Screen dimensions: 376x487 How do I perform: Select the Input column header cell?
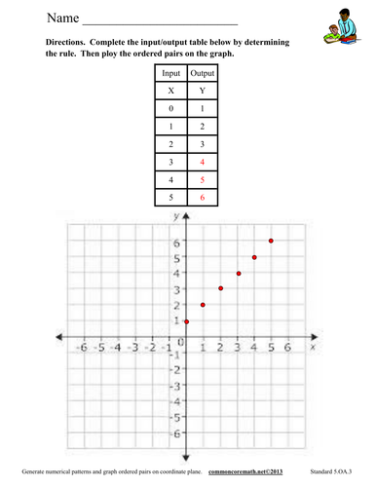(170, 73)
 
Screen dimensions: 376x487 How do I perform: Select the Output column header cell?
(203, 73)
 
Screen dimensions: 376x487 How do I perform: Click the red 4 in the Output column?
(203, 161)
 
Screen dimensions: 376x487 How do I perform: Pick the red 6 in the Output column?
(203, 198)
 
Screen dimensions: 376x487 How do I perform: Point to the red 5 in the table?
(203, 179)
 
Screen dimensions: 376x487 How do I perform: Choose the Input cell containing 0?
(170, 108)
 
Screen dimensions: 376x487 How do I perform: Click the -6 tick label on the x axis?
(84, 347)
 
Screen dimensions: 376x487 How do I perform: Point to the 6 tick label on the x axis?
(287, 347)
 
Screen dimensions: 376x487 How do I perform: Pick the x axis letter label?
(313, 346)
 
